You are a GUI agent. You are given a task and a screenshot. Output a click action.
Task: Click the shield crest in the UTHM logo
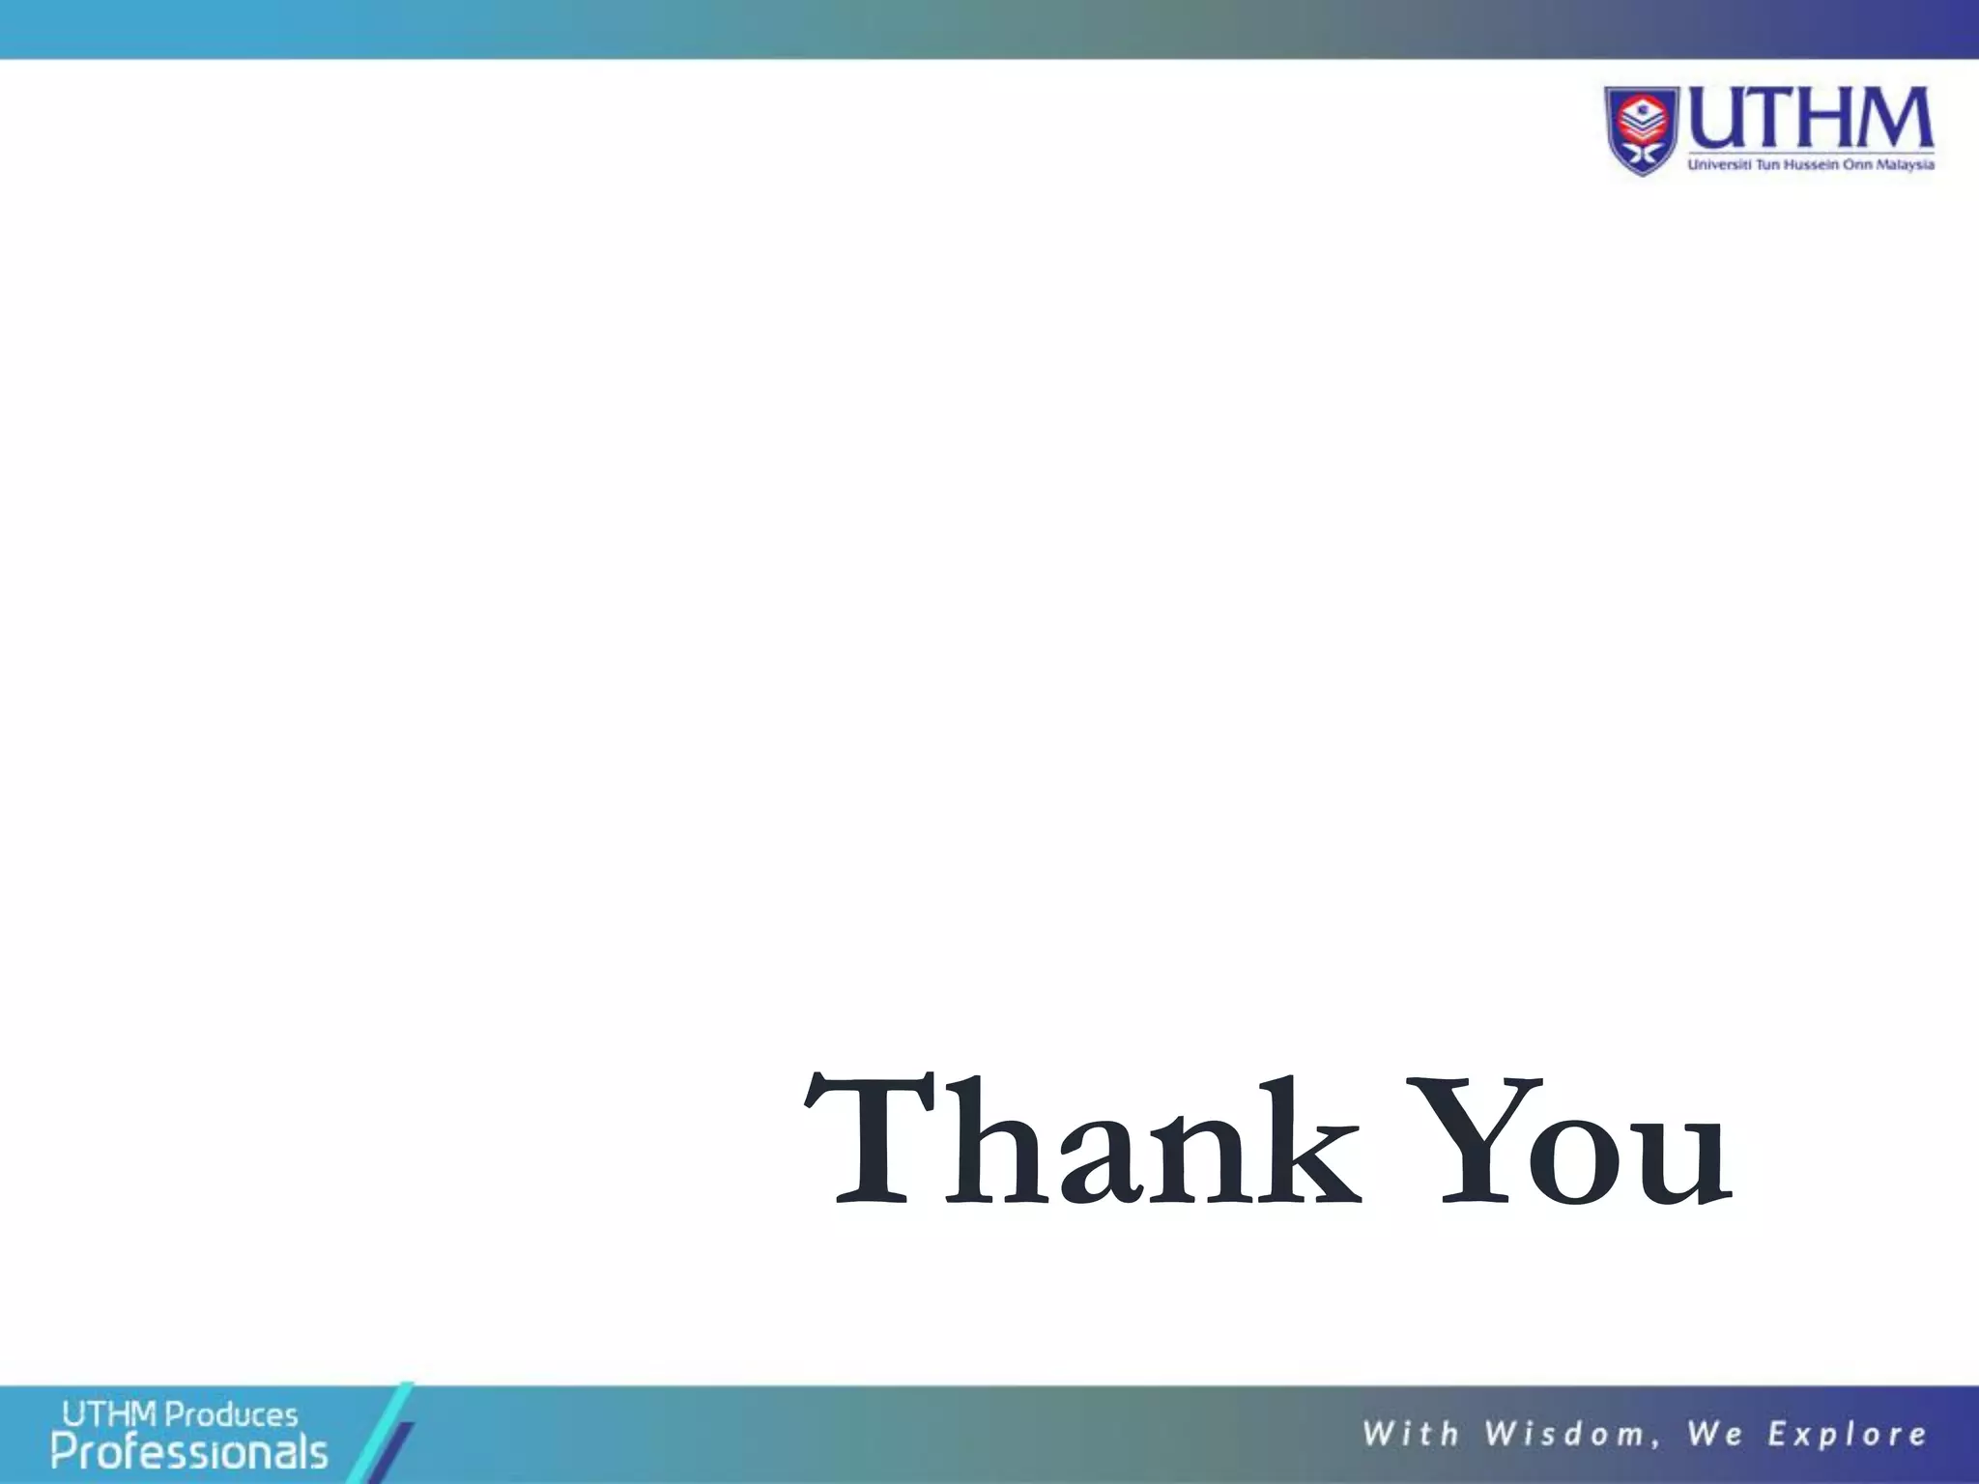[1643, 130]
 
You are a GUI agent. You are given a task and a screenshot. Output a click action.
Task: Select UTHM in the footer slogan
[108, 1415]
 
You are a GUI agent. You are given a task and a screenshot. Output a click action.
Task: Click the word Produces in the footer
[232, 1415]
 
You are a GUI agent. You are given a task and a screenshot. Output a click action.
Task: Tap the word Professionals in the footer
[189, 1452]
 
